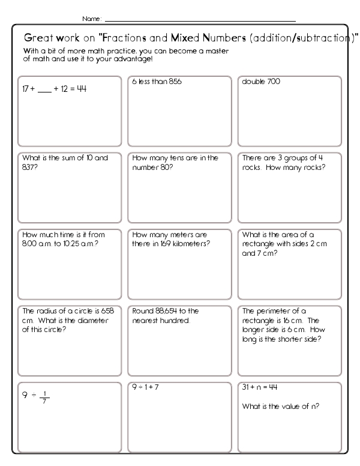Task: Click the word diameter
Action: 80,320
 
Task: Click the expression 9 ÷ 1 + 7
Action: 145,387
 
